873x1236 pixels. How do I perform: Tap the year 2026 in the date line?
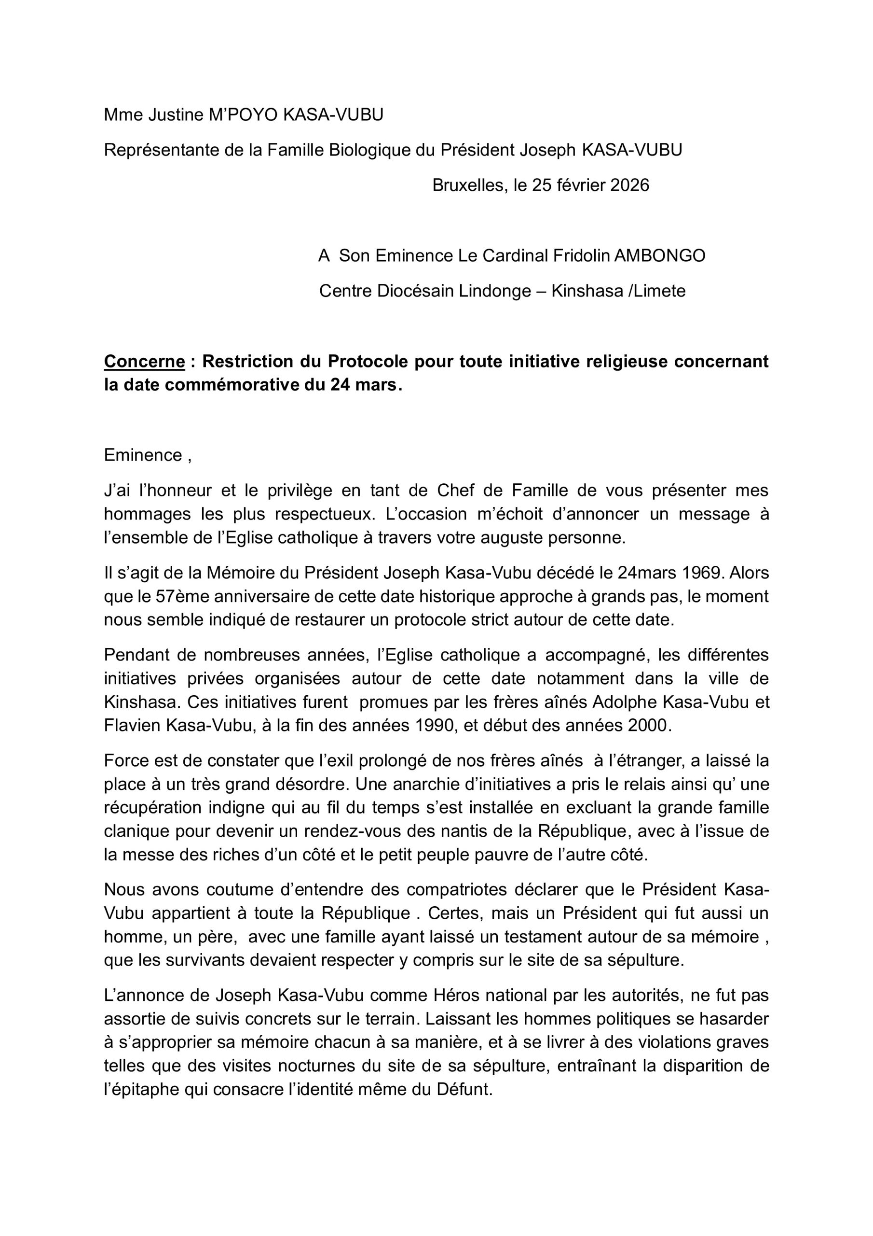pos(630,185)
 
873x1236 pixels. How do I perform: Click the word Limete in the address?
pos(663,291)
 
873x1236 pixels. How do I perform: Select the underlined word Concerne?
pos(144,362)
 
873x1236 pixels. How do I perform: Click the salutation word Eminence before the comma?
pos(143,455)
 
